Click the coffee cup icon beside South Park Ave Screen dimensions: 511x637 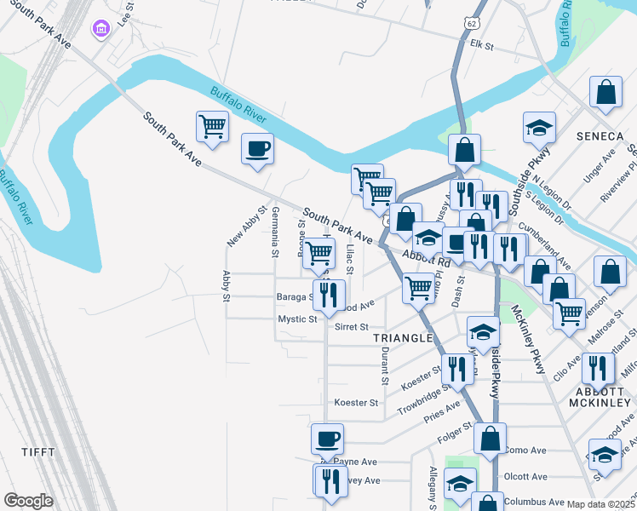pos(257,150)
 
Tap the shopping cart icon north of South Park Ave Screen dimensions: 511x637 pos(212,128)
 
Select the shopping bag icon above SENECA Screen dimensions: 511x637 pos(605,95)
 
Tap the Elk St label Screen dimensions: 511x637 pos(482,43)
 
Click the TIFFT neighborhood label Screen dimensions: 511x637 pos(39,452)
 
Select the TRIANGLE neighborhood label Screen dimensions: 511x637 pos(403,338)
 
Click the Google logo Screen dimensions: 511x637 pos(28,501)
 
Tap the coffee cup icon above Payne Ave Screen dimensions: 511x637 pos(327,439)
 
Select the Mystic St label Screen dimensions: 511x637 pos(297,319)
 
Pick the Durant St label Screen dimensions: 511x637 pos(385,361)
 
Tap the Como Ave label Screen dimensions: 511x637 pos(525,450)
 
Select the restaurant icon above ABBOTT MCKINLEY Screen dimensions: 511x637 pos(598,368)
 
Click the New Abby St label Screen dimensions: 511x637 pos(247,227)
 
